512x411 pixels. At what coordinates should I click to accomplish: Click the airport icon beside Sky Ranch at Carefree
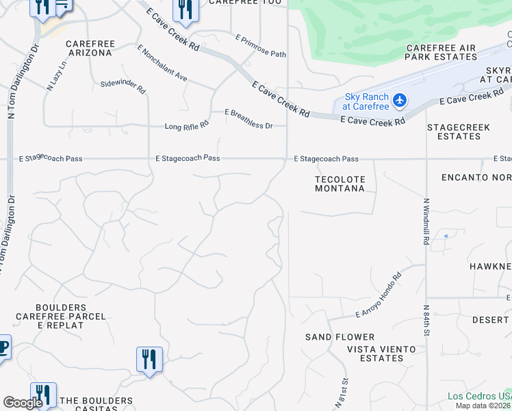[400, 101]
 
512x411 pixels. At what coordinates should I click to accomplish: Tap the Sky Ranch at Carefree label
[367, 101]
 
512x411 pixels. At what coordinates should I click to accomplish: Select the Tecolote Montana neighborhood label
[340, 184]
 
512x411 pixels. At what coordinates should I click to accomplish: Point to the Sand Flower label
[340, 337]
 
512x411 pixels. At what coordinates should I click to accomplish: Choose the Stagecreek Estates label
[454, 132]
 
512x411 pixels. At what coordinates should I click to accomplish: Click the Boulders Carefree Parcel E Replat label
[62, 316]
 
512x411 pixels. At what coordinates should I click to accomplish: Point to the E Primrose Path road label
[260, 46]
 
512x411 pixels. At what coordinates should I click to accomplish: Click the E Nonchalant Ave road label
[162, 64]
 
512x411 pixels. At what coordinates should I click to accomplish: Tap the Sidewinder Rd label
[123, 86]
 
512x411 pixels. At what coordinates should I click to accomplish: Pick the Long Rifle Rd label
[186, 126]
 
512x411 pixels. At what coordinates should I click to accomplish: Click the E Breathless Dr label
[248, 119]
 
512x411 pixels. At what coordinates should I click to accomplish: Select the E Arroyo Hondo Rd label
[379, 303]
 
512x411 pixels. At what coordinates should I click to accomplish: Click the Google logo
[23, 403]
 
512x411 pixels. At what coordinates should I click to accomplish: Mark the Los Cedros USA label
[479, 396]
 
